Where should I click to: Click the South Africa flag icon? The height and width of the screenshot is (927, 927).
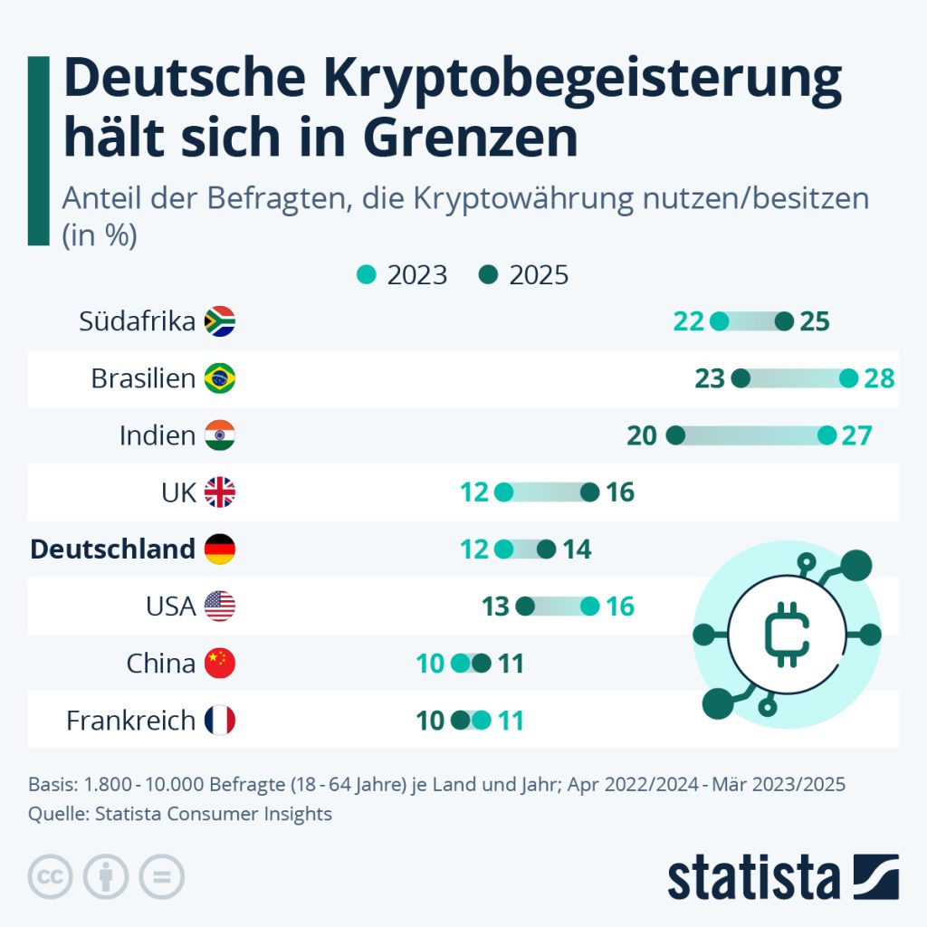pyautogui.click(x=220, y=321)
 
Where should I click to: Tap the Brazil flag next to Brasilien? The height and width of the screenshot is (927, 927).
pyautogui.click(x=220, y=378)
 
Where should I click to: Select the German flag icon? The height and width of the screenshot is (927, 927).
pyautogui.click(x=220, y=550)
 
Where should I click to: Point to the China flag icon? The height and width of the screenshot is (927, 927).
pyautogui.click(x=220, y=664)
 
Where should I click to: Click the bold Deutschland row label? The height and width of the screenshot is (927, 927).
pyautogui.click(x=112, y=550)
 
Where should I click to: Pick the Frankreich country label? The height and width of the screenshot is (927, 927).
pyautogui.click(x=130, y=721)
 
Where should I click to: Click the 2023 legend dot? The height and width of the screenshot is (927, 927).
pyautogui.click(x=367, y=275)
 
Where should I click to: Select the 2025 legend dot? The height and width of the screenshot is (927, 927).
pyautogui.click(x=489, y=275)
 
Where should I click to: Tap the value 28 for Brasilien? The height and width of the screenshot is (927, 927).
pyautogui.click(x=879, y=378)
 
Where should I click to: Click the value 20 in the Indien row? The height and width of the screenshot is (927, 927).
pyautogui.click(x=641, y=435)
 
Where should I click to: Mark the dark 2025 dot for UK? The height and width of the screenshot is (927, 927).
pyautogui.click(x=590, y=492)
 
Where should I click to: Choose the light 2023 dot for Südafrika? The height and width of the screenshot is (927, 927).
pyautogui.click(x=720, y=321)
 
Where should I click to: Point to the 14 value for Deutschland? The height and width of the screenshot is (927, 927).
pyautogui.click(x=577, y=550)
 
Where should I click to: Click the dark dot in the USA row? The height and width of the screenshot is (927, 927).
pyautogui.click(x=525, y=607)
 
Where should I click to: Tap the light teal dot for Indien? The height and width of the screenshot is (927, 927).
pyautogui.click(x=827, y=435)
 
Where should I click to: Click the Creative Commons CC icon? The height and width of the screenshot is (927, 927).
pyautogui.click(x=51, y=875)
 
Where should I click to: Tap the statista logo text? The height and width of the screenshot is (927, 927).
pyautogui.click(x=754, y=877)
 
